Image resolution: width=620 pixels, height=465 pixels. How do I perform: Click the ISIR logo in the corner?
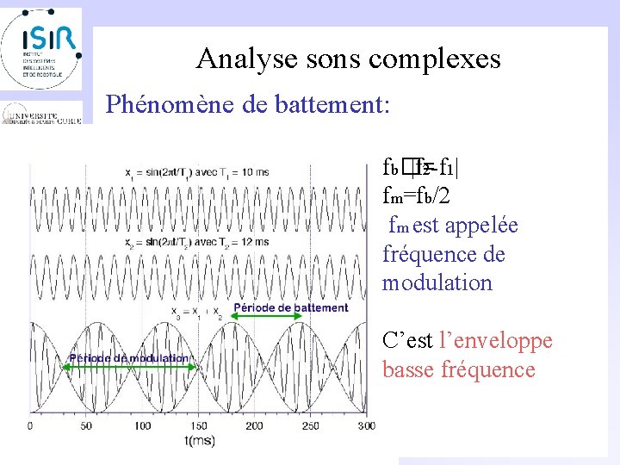point(41,47)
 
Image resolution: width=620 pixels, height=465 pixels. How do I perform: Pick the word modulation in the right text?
point(437,283)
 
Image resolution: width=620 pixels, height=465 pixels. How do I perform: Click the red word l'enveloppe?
point(495,341)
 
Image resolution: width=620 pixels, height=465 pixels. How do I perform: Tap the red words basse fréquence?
point(458,370)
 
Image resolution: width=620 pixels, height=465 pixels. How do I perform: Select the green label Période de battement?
point(291,307)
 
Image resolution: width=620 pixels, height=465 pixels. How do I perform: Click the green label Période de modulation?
point(129,358)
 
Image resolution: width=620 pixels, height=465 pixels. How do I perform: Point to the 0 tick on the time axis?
point(30,426)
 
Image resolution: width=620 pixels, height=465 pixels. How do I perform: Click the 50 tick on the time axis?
point(85,426)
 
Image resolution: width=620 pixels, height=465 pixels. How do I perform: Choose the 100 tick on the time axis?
point(142,426)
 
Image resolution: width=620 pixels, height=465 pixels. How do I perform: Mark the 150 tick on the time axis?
point(199,426)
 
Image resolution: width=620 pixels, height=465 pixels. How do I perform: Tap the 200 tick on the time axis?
point(256,426)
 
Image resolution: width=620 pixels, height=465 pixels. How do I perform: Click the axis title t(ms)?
point(199,441)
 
